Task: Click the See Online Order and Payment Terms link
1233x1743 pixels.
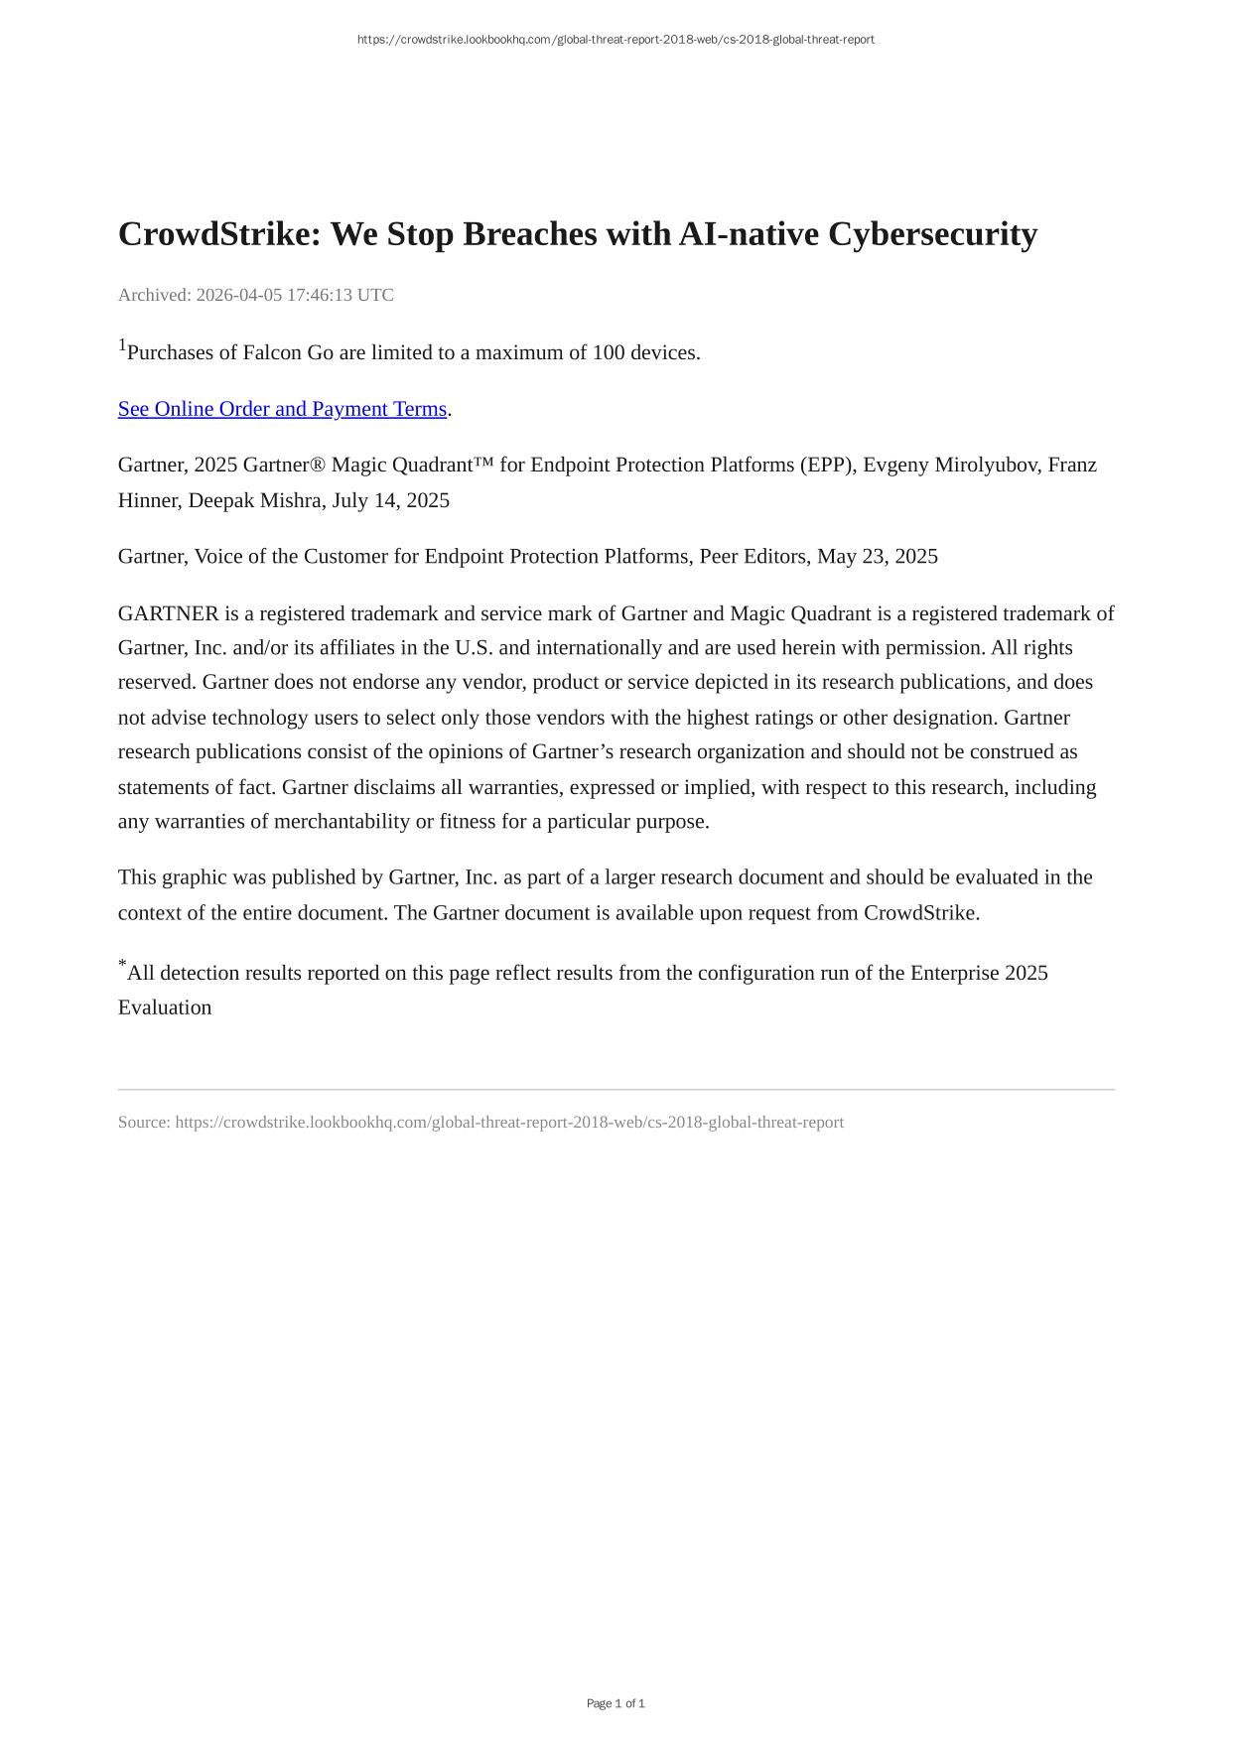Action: [x=282, y=409]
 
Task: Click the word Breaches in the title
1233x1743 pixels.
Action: [x=530, y=234]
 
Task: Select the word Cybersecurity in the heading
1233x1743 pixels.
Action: [x=932, y=234]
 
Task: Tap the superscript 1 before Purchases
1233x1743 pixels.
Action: [x=122, y=345]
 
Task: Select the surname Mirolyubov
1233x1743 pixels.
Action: [x=987, y=465]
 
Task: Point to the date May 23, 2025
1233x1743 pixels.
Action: [x=877, y=556]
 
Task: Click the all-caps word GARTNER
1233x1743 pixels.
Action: [x=168, y=613]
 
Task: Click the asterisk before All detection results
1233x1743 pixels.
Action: [x=122, y=963]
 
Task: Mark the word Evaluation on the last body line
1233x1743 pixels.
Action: [x=165, y=1007]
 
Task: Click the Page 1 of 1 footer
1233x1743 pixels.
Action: [x=616, y=1703]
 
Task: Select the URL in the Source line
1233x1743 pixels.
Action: [x=509, y=1123]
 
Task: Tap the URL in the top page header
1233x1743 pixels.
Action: [x=616, y=40]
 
